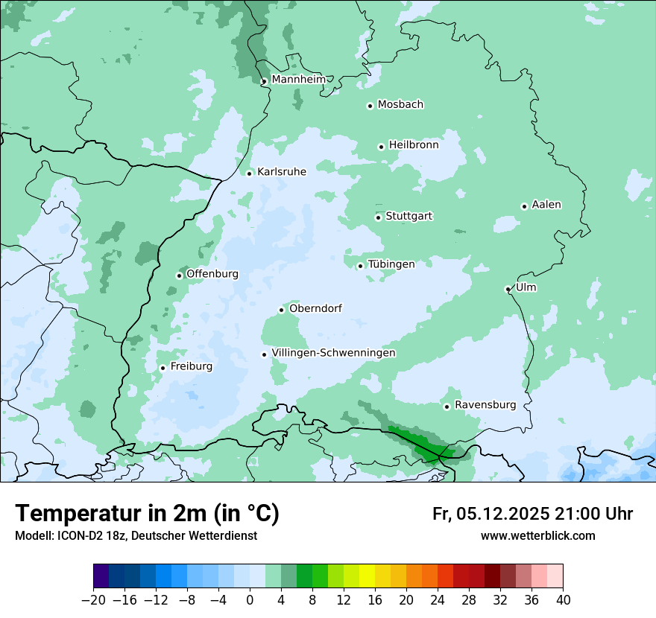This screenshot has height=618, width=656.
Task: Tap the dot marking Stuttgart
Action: coord(379,217)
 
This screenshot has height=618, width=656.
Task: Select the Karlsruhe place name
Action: coord(282,172)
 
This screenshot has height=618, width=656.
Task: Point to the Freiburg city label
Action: coord(192,366)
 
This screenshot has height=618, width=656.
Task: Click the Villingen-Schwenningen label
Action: coord(333,353)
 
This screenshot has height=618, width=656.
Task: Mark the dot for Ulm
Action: coord(508,289)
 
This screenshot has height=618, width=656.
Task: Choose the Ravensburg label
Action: coord(485,405)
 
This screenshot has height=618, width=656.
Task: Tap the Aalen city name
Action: coord(546,205)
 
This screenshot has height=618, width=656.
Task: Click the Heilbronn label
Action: coord(414,145)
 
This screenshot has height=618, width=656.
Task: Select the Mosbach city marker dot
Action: coord(370,106)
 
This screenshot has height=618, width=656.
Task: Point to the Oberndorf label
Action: coord(315,308)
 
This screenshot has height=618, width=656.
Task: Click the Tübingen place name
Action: coord(391,264)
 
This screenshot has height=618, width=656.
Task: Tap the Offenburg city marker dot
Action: coord(180,275)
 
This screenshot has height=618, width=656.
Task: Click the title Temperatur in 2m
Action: coord(148,514)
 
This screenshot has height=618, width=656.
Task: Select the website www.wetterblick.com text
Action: coord(537,535)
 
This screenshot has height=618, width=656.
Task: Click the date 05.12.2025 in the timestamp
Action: coord(503,514)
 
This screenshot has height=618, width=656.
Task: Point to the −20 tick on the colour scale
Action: coord(93,600)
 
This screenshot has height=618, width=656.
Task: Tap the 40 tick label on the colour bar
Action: coord(563,600)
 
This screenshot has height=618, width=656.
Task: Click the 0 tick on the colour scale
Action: coord(250,600)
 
